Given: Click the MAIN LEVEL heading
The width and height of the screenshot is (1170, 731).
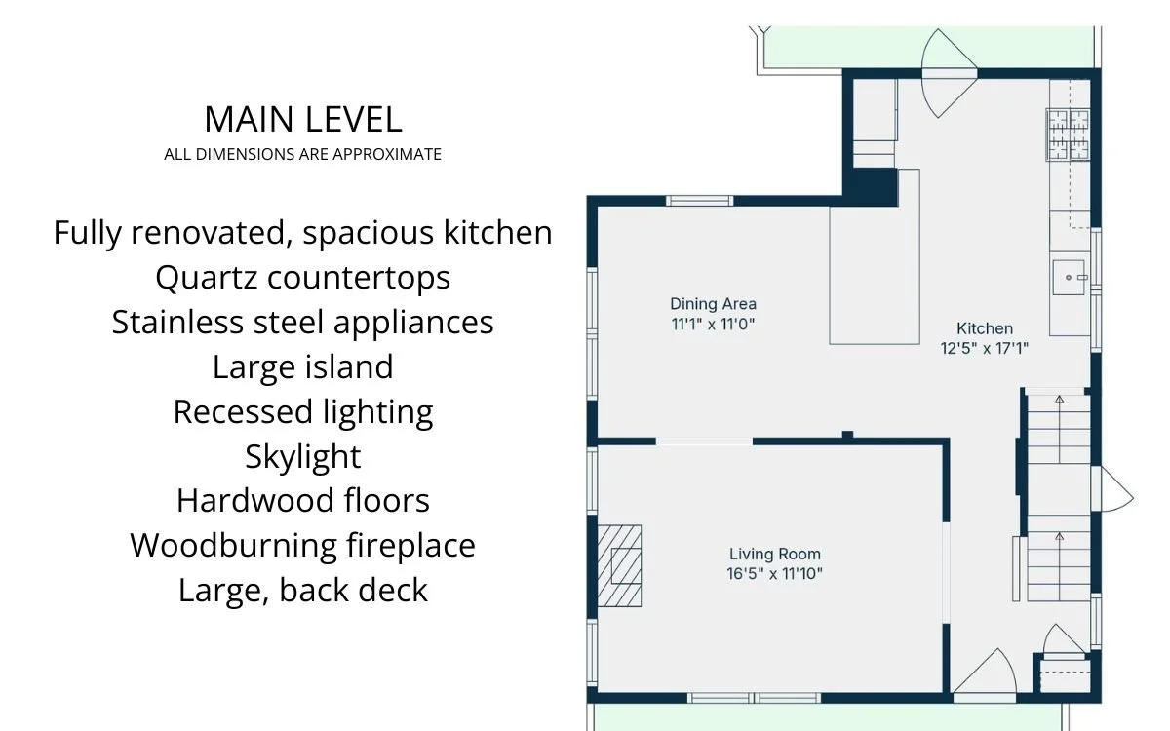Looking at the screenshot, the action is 303,119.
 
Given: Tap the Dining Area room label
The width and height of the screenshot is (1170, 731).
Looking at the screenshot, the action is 713,304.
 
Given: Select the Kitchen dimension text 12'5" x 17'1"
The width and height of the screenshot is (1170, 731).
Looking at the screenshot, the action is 984,348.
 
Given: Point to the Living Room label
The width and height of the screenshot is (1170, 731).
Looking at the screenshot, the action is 774,554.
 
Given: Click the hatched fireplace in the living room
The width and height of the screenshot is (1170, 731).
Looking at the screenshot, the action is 619,566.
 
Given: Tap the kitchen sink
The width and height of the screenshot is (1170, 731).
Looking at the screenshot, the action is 1069,277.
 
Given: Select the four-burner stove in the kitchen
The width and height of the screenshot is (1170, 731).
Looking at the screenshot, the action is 1069,135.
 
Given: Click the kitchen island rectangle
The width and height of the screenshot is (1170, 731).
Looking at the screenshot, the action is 875,257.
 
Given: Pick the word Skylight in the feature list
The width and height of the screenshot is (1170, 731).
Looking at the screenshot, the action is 303,457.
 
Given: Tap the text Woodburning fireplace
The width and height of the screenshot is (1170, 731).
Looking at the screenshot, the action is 303,546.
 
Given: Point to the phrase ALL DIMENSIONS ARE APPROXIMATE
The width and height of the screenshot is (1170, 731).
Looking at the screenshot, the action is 303,155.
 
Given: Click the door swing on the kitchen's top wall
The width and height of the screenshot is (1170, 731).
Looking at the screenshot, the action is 949,73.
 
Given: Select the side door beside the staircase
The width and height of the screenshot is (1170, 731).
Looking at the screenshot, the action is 1111,489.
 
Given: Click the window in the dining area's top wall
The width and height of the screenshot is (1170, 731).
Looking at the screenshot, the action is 699,201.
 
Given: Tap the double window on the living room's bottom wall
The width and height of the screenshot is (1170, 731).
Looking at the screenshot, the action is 754,698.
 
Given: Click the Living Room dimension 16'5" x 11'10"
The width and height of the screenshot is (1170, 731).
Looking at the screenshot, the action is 774,574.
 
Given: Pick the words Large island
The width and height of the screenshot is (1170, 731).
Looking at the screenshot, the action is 303,367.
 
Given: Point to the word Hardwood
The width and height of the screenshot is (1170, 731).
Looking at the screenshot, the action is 255,501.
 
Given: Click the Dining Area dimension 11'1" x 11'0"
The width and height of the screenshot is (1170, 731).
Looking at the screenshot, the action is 713,325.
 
